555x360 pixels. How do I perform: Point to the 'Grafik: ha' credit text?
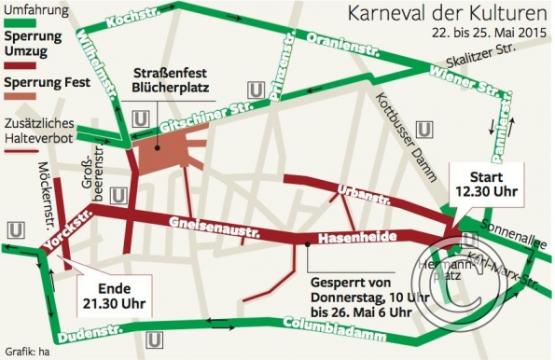pyautogui.click(x=22, y=353)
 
